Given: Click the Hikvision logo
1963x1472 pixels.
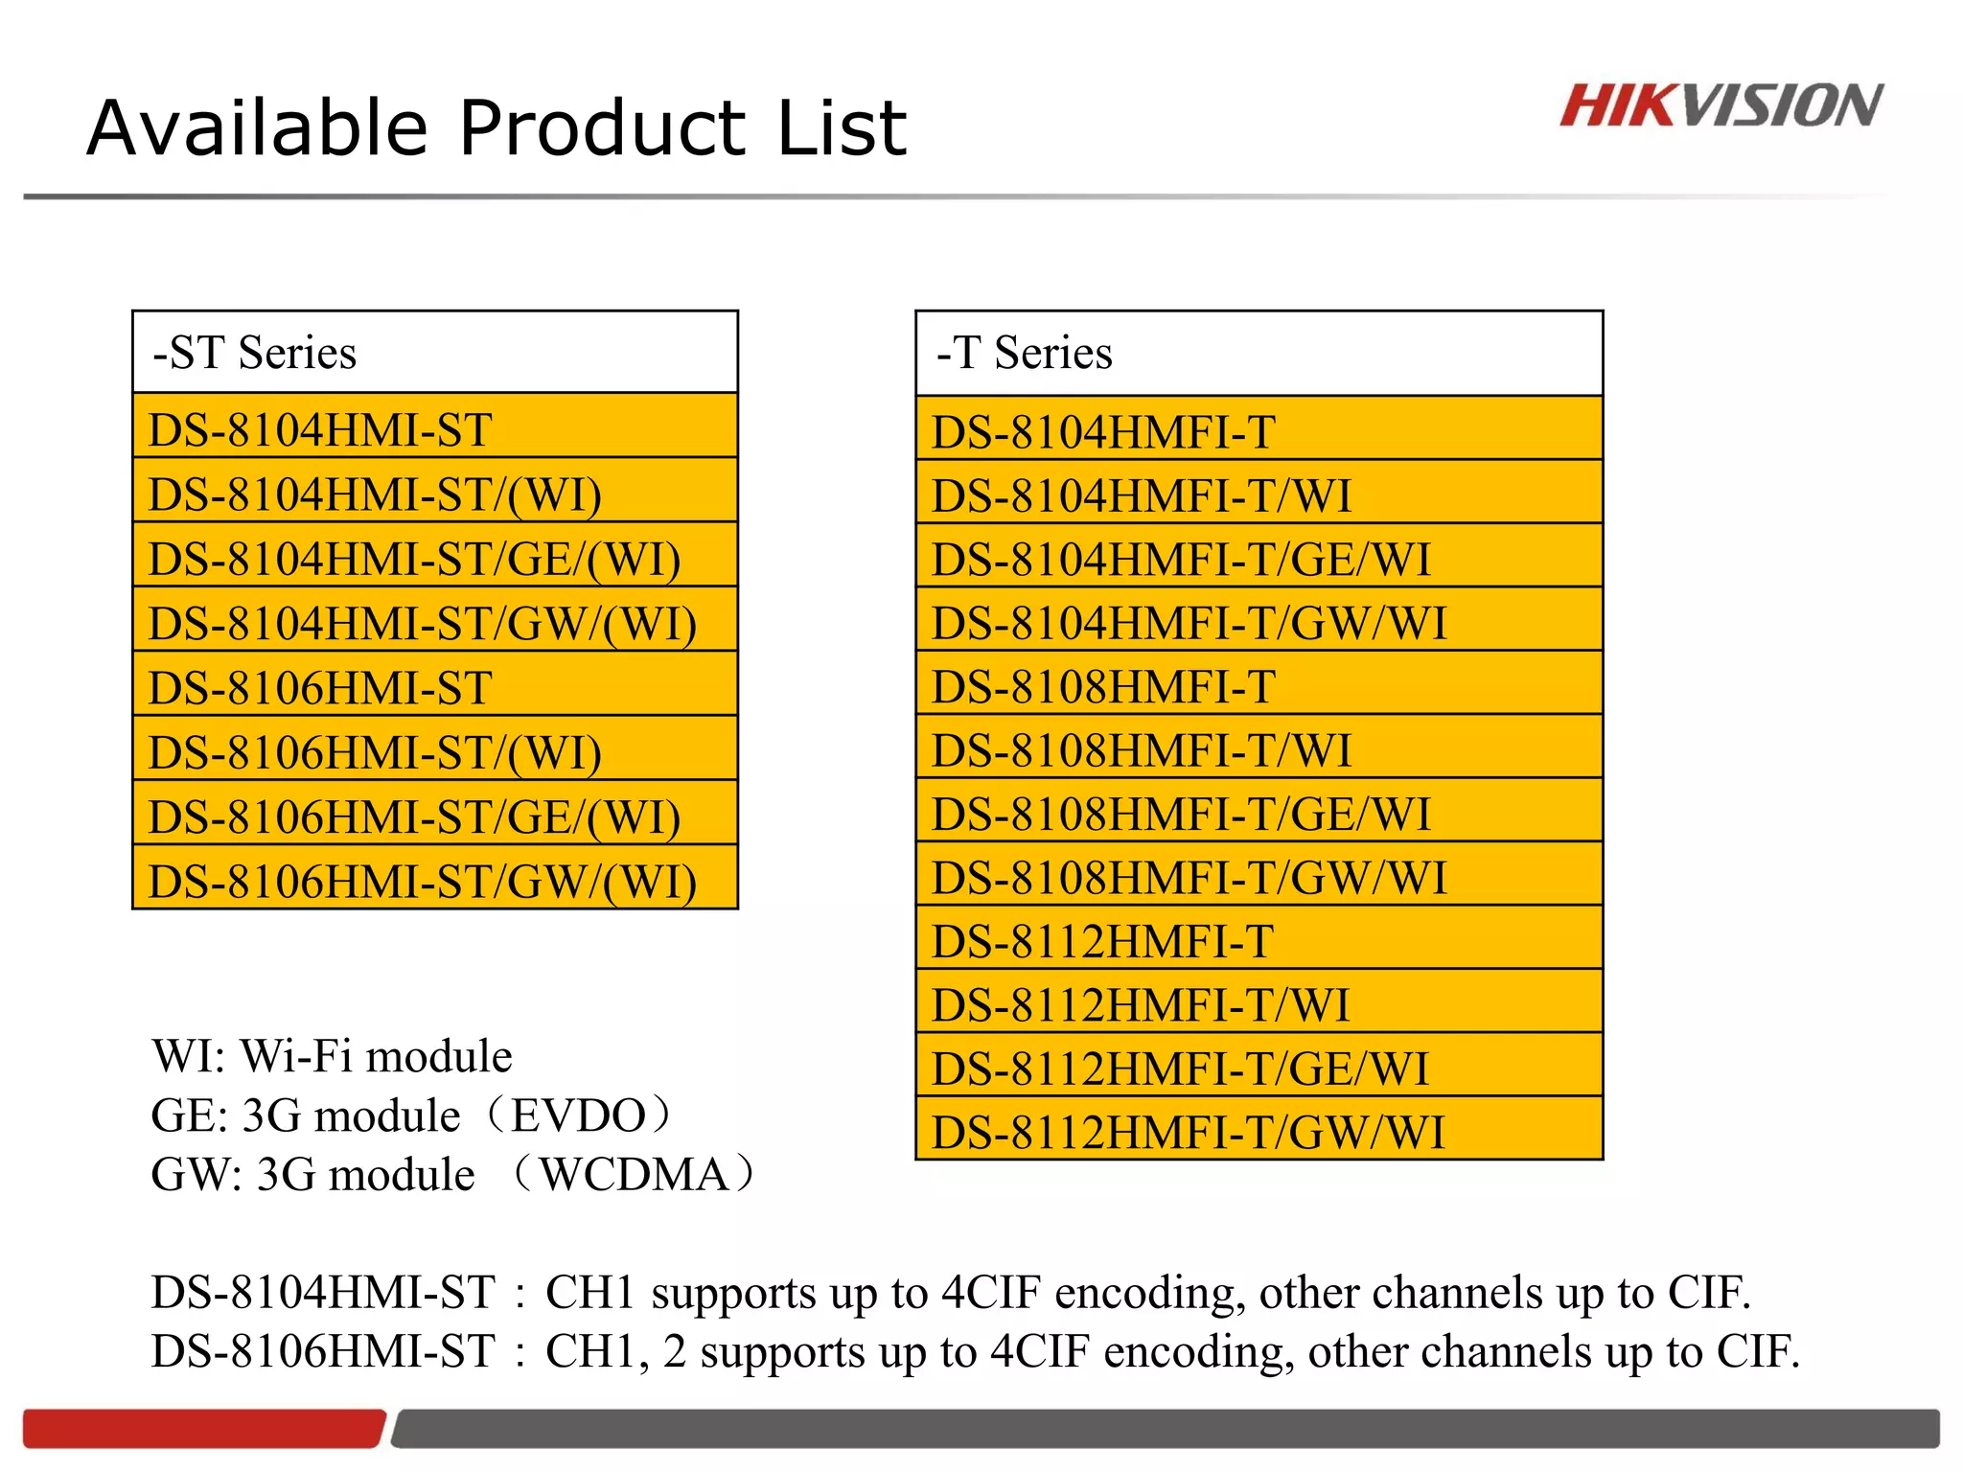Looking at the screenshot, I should tap(1721, 105).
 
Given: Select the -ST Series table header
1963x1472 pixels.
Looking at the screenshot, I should tap(434, 352).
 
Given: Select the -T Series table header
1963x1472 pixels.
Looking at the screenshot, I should tap(1259, 353).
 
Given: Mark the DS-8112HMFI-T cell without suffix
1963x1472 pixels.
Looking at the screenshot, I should tap(1259, 941).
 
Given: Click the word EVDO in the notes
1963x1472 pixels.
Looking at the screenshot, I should tap(578, 1115).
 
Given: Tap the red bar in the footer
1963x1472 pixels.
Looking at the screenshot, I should tap(202, 1428).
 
